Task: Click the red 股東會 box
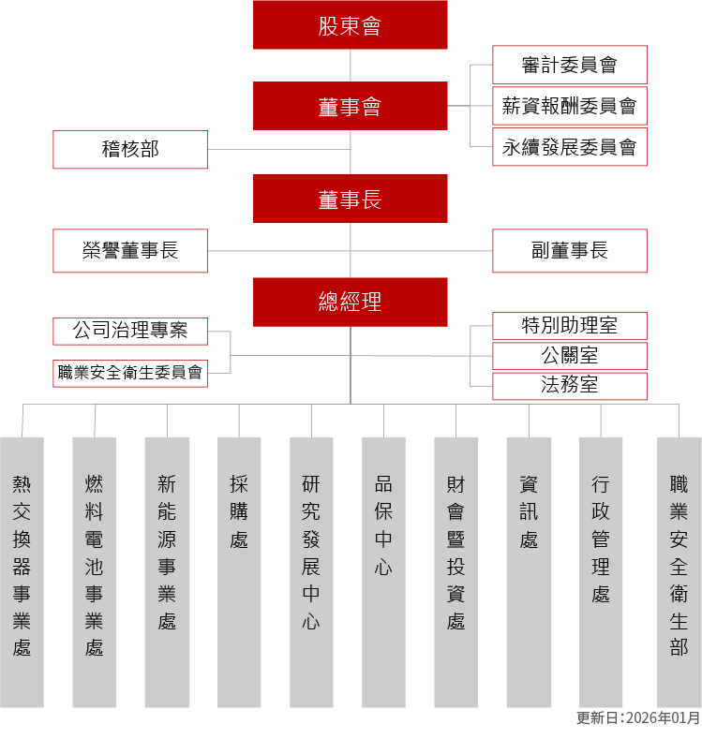point(350,25)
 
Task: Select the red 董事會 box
point(350,106)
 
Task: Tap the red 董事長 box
point(350,199)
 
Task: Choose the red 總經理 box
point(350,302)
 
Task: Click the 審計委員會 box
point(569,65)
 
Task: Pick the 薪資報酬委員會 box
point(569,106)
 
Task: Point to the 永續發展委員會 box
point(569,147)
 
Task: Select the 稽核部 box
point(130,149)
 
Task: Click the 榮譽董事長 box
point(130,250)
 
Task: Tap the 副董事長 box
point(569,250)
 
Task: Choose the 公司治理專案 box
point(130,331)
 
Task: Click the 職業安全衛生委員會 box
point(130,372)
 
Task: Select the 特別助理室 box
point(569,325)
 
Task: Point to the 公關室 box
point(569,356)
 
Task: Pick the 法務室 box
point(569,385)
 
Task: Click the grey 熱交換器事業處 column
point(22,571)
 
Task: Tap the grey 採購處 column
point(239,571)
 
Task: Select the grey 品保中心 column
point(383,571)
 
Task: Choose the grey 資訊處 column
point(529,571)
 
